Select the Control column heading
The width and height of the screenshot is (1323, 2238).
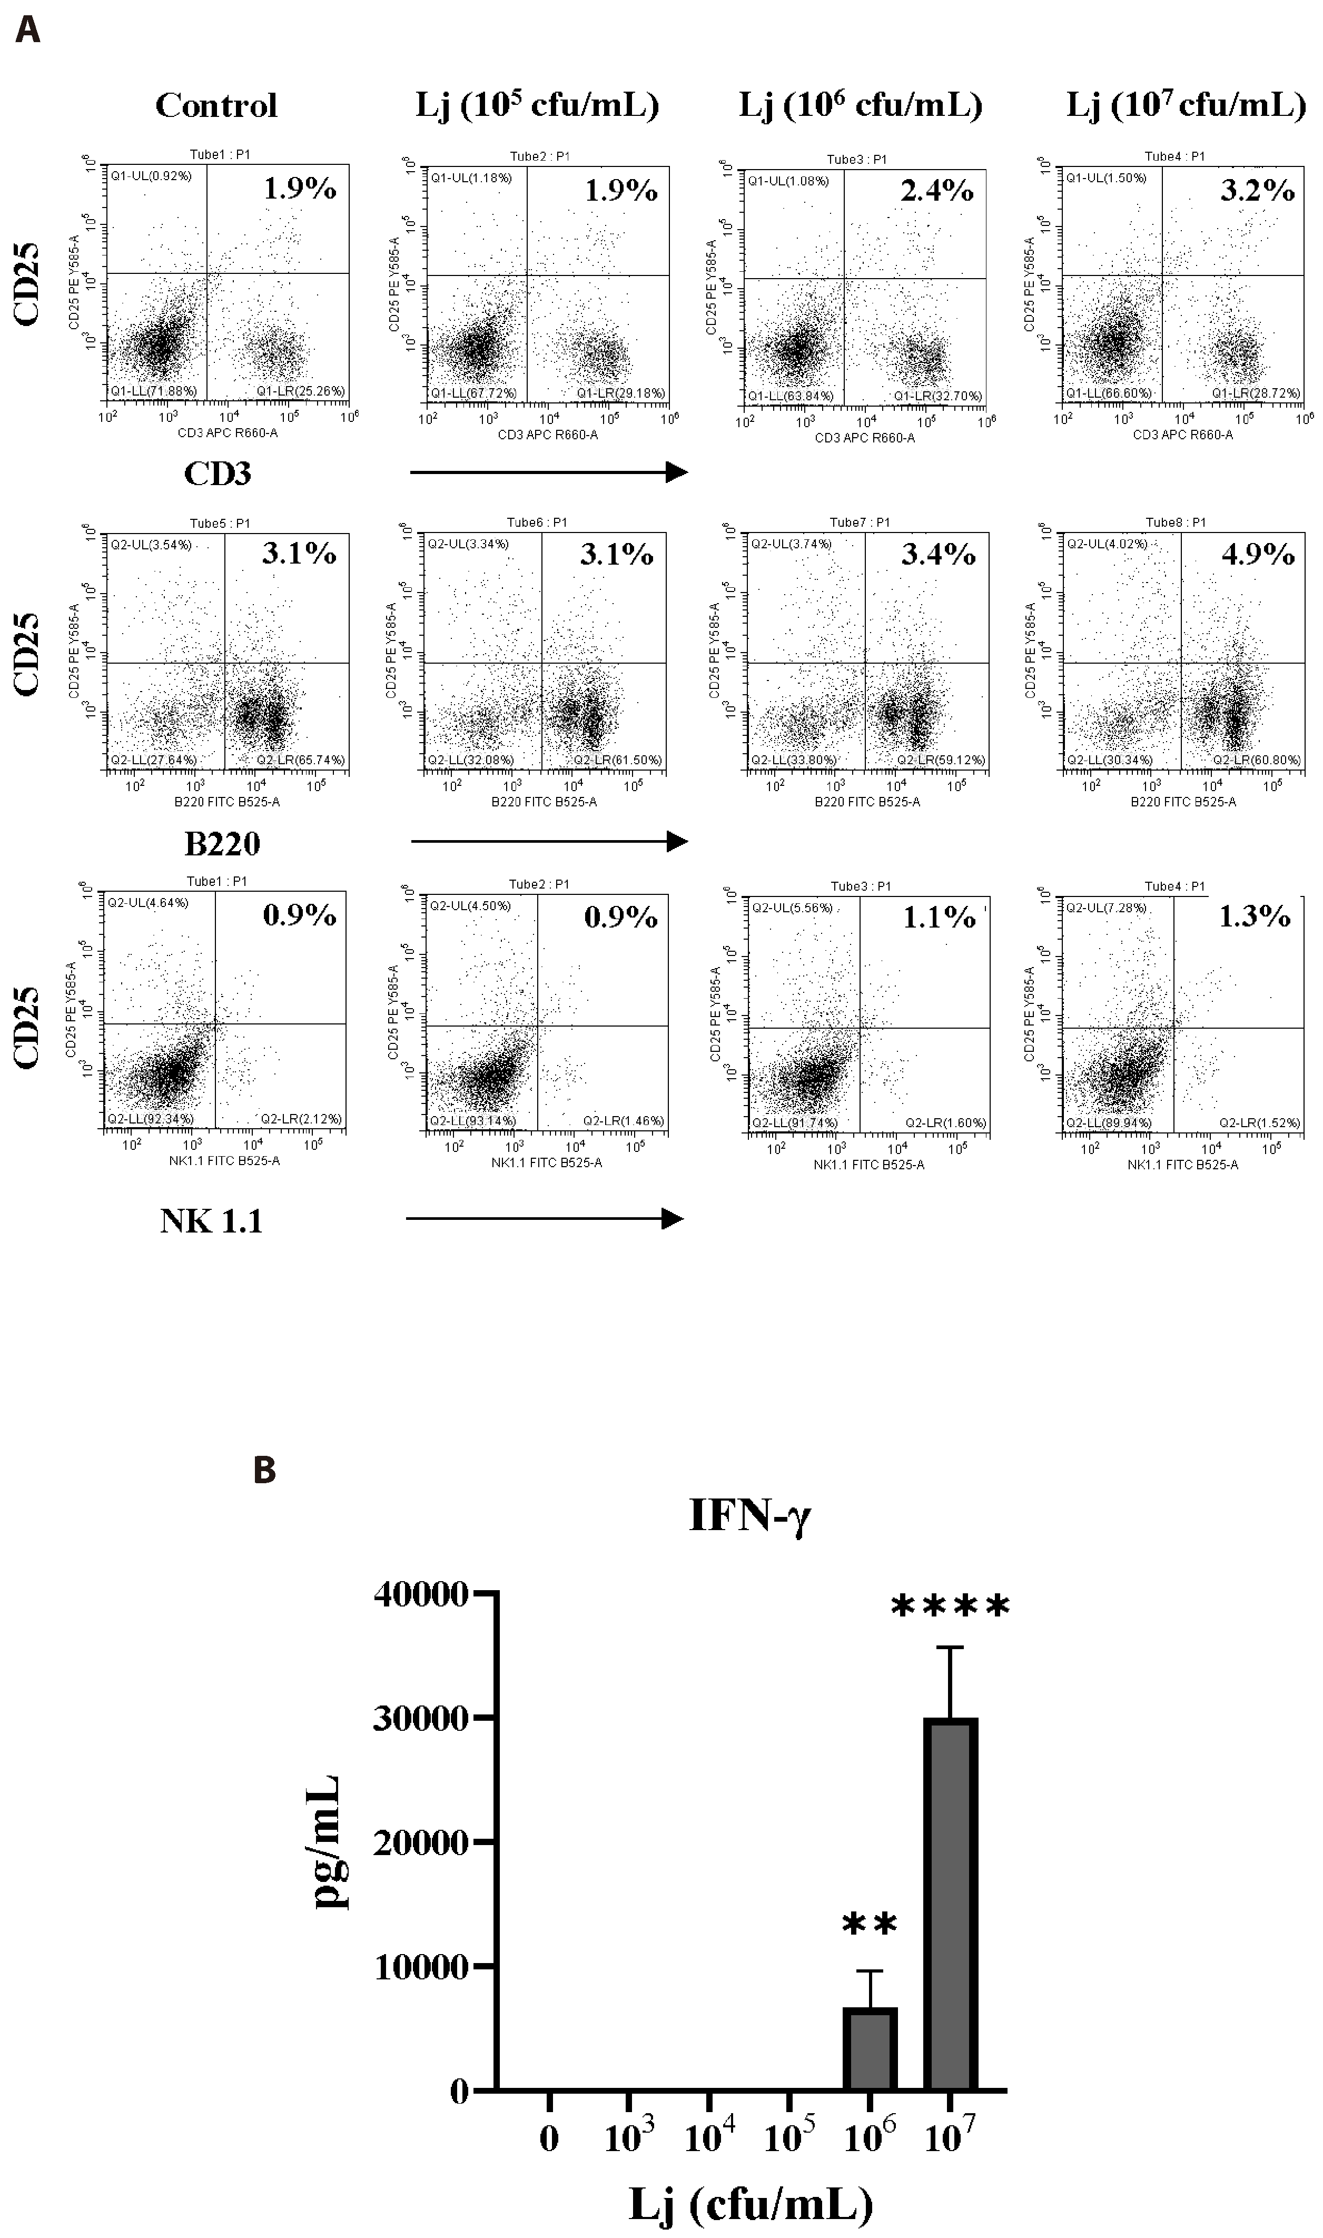point(216,106)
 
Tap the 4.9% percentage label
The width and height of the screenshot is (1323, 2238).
point(1258,555)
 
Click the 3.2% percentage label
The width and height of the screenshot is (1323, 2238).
point(1257,190)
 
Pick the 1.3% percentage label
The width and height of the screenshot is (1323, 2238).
point(1255,916)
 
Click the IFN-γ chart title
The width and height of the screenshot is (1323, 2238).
point(750,1516)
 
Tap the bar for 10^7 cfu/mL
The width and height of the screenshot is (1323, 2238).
point(950,1903)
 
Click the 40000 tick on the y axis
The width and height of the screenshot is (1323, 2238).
point(421,1594)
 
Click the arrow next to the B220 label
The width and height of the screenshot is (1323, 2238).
point(548,841)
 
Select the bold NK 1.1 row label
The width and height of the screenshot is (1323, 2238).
point(211,1221)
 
